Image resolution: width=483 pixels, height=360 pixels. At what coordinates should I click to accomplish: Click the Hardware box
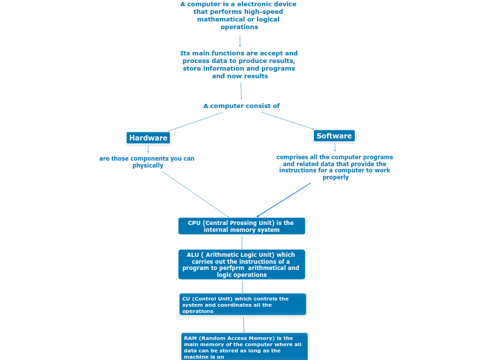coord(148,138)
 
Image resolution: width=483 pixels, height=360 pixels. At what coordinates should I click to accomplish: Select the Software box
coord(334,136)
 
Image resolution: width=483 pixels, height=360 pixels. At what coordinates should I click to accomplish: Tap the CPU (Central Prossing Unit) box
coord(241,226)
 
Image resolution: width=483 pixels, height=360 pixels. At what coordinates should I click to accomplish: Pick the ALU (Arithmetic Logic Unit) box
coord(241,264)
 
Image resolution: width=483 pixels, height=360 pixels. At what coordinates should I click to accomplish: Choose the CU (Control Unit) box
coord(242,305)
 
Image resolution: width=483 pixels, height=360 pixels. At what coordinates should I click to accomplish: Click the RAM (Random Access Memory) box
coord(244,347)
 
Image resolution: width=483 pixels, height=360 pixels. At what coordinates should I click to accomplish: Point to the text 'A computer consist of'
coord(241,106)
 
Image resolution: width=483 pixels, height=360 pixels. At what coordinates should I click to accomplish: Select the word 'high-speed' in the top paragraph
coord(256,12)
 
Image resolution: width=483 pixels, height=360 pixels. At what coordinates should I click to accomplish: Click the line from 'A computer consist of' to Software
coord(288,120)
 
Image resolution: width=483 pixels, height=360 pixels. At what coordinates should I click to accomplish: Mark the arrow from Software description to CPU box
coord(284,199)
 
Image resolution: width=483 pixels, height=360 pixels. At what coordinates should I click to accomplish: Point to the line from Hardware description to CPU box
coord(195,194)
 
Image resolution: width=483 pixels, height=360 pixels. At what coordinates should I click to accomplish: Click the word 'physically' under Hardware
coord(148,165)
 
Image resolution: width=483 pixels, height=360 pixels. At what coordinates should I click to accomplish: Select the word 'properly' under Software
coord(335,177)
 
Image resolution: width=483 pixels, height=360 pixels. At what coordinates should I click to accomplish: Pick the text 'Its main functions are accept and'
coord(239,53)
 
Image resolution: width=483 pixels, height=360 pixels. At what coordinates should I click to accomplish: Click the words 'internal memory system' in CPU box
coord(241,230)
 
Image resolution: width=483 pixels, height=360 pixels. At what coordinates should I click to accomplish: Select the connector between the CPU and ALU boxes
coord(242,242)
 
